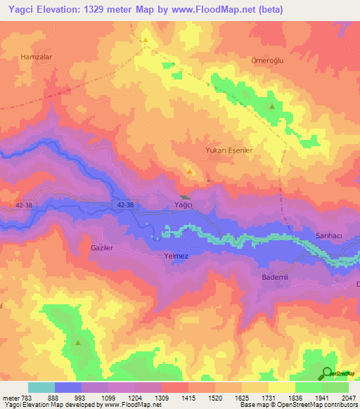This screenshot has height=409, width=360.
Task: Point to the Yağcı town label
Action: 183,204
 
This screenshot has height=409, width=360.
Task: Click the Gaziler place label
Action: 102,248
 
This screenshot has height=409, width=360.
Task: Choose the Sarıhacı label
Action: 328,236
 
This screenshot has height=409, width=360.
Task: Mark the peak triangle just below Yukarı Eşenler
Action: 188,171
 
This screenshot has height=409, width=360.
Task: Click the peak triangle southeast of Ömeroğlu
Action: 272,107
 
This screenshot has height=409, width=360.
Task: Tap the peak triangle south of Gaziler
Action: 78,343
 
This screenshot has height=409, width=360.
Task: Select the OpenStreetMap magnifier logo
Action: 327,374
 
